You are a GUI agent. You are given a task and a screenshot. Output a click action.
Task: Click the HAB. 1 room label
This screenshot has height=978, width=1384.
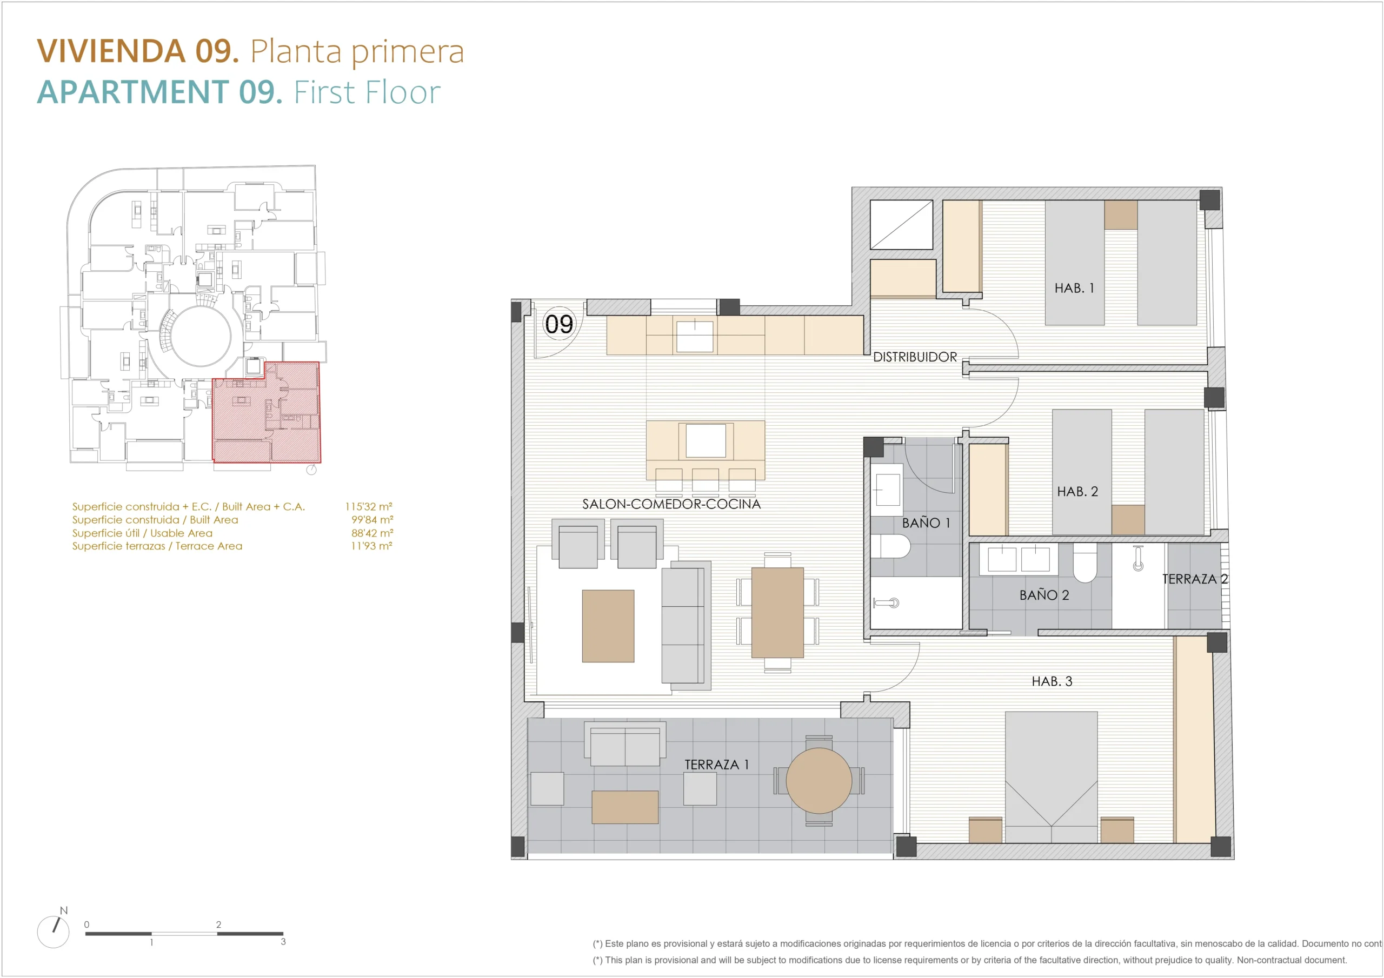pyautogui.click(x=1074, y=288)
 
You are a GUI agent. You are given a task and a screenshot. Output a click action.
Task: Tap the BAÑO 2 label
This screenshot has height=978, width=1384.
pyautogui.click(x=1044, y=595)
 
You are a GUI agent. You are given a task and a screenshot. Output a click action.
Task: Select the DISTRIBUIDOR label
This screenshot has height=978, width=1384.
pyautogui.click(x=915, y=357)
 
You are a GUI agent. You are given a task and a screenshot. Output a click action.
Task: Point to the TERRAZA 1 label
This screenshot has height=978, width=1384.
pyautogui.click(x=716, y=764)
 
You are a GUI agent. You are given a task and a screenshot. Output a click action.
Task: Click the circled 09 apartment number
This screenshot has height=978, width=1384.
pyautogui.click(x=559, y=324)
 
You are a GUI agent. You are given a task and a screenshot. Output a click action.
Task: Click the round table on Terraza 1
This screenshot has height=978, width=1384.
pyautogui.click(x=819, y=780)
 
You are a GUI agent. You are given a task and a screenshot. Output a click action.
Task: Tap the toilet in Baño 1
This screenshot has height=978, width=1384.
pyautogui.click(x=890, y=546)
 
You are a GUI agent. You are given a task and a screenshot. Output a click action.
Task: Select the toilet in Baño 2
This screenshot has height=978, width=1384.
pyautogui.click(x=1084, y=563)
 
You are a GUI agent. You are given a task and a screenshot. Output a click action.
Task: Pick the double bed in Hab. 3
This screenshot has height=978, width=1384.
pyautogui.click(x=1052, y=777)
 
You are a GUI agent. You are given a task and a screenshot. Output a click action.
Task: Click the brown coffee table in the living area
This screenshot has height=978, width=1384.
pyautogui.click(x=608, y=626)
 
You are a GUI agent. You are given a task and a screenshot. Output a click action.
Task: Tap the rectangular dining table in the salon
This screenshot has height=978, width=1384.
pyautogui.click(x=777, y=612)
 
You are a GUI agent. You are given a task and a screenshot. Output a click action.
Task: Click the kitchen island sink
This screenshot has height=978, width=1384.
pyautogui.click(x=706, y=440)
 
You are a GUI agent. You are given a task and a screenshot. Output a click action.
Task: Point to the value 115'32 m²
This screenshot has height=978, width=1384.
pyautogui.click(x=368, y=506)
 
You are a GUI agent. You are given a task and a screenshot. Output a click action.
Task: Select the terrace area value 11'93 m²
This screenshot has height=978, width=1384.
pyautogui.click(x=371, y=545)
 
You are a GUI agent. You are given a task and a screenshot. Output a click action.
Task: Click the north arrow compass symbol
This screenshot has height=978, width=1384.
pyautogui.click(x=53, y=932)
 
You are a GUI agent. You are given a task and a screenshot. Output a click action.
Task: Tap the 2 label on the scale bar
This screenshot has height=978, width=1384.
pyautogui.click(x=218, y=924)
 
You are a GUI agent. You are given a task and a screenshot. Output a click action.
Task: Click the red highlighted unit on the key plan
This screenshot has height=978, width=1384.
pyautogui.click(x=267, y=413)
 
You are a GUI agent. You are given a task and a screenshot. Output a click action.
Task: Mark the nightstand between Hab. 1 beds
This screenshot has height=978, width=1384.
pyautogui.click(x=1121, y=215)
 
